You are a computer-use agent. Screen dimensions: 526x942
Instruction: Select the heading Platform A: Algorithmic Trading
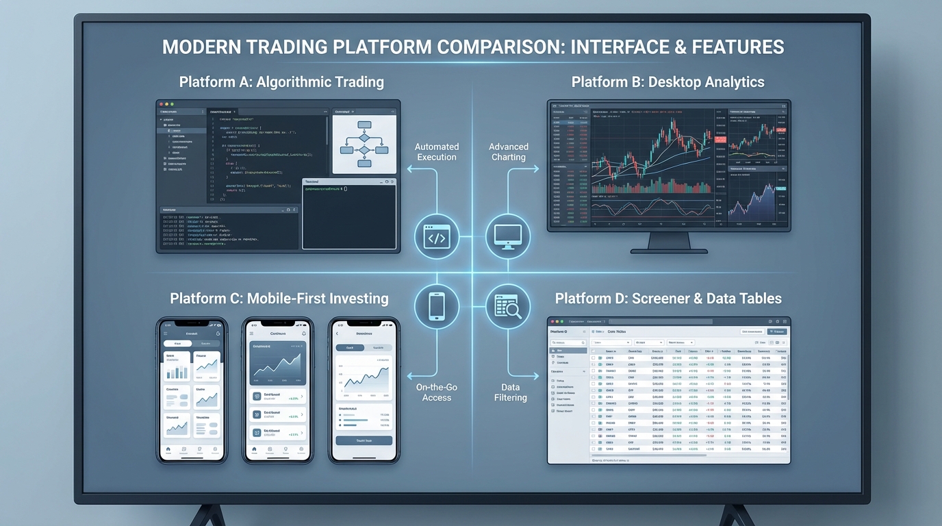click(281, 82)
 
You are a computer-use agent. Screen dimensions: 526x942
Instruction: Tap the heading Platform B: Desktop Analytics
click(667, 82)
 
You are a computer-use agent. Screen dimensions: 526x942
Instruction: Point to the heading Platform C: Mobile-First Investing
click(279, 299)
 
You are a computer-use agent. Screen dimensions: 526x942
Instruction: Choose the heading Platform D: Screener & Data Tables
click(668, 299)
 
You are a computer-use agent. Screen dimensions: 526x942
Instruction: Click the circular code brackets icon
click(436, 237)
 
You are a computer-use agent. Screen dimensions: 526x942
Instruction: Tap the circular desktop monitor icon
click(508, 237)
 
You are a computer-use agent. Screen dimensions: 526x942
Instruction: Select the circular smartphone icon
click(436, 305)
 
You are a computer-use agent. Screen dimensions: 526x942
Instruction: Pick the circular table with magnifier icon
click(508, 305)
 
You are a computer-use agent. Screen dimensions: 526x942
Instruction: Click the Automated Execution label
click(437, 152)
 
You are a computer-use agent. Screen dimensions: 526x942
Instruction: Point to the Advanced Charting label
click(509, 152)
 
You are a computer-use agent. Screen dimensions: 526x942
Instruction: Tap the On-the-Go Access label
click(437, 392)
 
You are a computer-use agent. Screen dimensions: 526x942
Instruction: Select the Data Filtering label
click(511, 392)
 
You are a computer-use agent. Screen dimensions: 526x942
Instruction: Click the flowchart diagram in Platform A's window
click(364, 145)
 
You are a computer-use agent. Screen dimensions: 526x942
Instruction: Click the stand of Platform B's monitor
click(668, 241)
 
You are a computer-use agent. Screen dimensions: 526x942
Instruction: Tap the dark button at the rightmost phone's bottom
click(364, 440)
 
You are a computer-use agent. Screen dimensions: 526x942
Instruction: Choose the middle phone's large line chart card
click(277, 363)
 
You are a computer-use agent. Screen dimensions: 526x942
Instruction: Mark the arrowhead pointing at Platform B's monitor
click(535, 168)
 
